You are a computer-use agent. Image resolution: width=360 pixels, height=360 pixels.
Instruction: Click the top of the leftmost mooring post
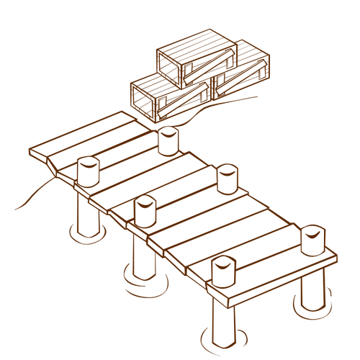(87, 163)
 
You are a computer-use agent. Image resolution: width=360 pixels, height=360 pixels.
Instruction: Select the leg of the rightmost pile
(311, 288)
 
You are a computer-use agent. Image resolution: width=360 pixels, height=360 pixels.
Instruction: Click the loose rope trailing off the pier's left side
(32, 194)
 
